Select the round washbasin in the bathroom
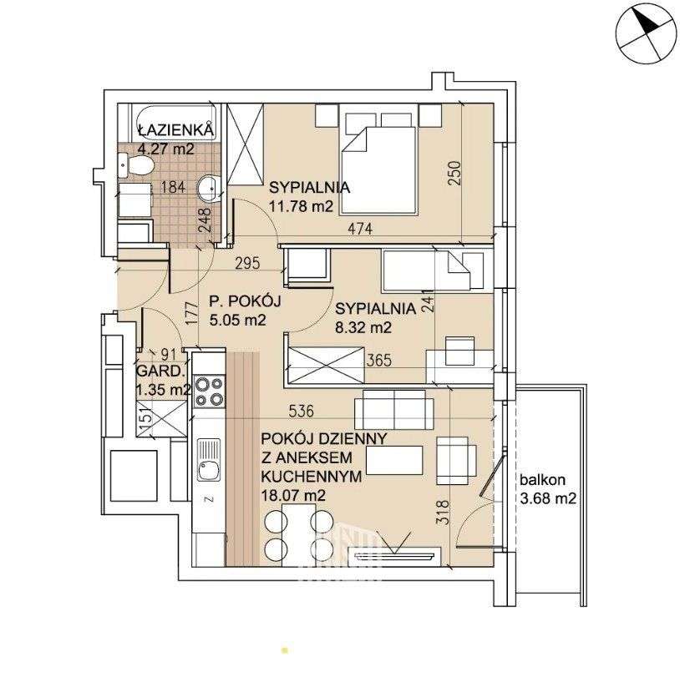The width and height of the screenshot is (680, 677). tap(209, 189)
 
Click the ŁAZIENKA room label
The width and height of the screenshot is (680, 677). tap(176, 129)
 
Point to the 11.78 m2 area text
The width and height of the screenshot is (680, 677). tap(301, 206)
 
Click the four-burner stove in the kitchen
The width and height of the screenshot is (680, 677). tap(209, 391)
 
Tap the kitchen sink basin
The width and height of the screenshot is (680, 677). tap(209, 459)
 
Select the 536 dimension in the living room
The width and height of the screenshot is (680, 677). tap(301, 411)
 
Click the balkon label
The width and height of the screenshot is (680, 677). tap(542, 480)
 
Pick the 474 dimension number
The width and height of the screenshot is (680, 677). tap(360, 229)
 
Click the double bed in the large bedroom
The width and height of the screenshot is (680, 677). tap(378, 164)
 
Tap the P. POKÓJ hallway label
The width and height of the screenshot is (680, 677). tap(245, 301)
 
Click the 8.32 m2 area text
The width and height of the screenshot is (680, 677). tap(363, 327)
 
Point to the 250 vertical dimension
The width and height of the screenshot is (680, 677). tap(454, 174)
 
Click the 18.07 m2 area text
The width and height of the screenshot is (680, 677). tap(293, 495)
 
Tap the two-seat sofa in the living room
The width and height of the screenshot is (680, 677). tap(393, 410)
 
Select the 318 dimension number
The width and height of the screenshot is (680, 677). tap(444, 513)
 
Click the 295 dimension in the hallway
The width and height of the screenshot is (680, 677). tap(247, 263)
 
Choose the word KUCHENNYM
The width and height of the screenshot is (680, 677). tap(312, 477)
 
